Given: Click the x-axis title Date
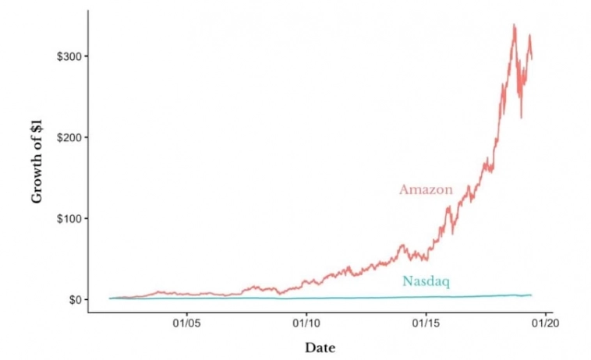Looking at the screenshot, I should [x=320, y=348].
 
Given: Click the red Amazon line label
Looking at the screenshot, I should [x=426, y=189].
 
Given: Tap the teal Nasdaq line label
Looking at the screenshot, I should [x=426, y=281].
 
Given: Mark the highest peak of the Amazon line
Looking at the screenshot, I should [x=514, y=25].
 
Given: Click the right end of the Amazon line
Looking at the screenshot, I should [x=532, y=57].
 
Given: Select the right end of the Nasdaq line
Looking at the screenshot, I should [x=532, y=295].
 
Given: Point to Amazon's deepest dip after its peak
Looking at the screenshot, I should [x=522, y=118].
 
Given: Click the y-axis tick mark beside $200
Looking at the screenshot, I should [x=86, y=137].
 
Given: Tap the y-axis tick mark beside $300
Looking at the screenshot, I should [x=86, y=57].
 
